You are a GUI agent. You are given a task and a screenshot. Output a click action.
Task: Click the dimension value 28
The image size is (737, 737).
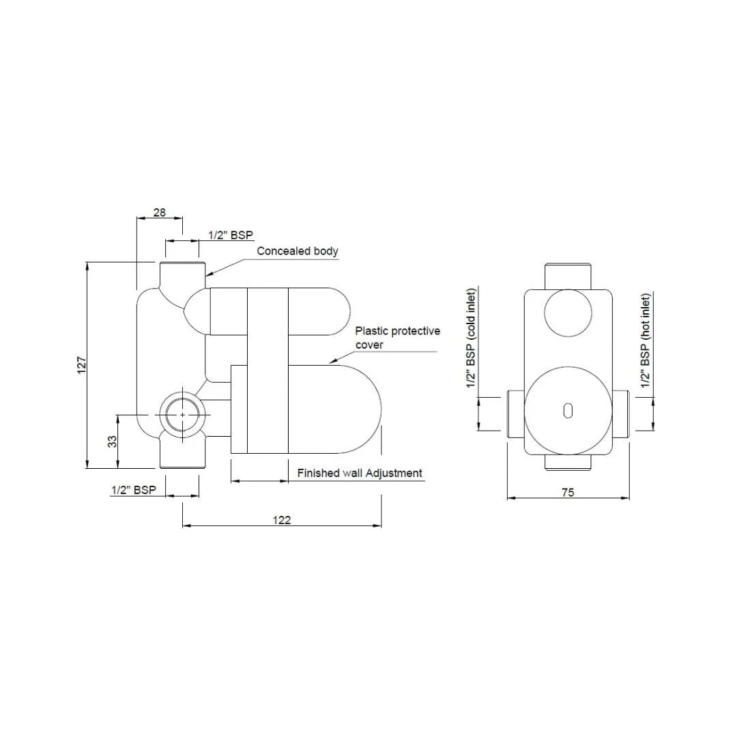click(x=159, y=212)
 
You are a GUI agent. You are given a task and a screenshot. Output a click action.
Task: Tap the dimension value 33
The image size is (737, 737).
click(x=113, y=442)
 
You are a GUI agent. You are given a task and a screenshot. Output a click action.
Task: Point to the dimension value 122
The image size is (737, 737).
click(x=281, y=520)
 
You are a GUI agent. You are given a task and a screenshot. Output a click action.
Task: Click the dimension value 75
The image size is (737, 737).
click(x=568, y=492)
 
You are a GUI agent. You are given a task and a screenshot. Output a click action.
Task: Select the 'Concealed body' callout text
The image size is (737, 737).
click(x=297, y=251)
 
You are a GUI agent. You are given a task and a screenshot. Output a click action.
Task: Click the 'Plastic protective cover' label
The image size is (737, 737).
click(x=397, y=338)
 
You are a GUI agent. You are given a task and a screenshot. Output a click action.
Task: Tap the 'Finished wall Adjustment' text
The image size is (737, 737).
click(x=360, y=473)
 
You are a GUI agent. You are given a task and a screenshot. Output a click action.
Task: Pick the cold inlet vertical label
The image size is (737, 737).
click(x=471, y=339)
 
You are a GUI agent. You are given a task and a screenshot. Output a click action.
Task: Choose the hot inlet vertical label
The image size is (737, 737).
click(x=646, y=341)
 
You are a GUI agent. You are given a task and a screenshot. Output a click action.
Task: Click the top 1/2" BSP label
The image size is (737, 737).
click(x=231, y=235)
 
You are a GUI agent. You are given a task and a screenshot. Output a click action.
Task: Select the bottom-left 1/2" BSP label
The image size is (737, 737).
click(x=134, y=490)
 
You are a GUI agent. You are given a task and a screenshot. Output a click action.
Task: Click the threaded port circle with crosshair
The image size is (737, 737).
click(x=182, y=414)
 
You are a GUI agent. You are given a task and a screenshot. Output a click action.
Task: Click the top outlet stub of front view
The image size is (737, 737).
click(x=568, y=274)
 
